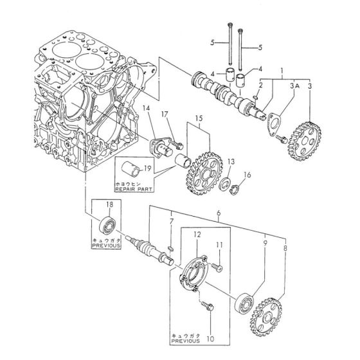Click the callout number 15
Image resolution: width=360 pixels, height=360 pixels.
click(197, 120)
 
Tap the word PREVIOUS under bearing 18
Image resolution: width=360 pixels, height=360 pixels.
click(106, 244)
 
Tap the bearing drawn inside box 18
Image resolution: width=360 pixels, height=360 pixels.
click(106, 225)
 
